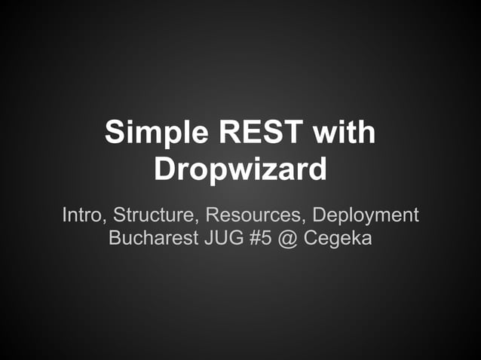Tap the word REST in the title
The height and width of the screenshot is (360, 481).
click(x=250, y=133)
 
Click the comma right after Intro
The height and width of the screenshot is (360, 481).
click(x=107, y=221)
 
